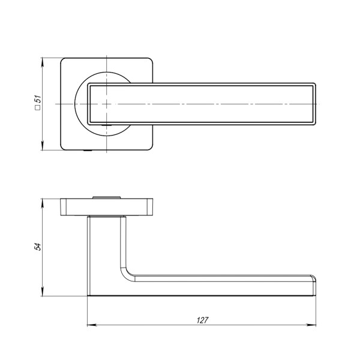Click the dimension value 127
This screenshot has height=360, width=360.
pyautogui.click(x=202, y=320)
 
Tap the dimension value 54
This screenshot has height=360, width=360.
pyautogui.click(x=37, y=247)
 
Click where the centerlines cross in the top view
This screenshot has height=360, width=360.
pyautogui.click(x=106, y=104)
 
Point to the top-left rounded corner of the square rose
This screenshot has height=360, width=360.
pyautogui.click(x=64, y=61)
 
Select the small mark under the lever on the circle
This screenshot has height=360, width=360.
pyautogui.click(x=106, y=125)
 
